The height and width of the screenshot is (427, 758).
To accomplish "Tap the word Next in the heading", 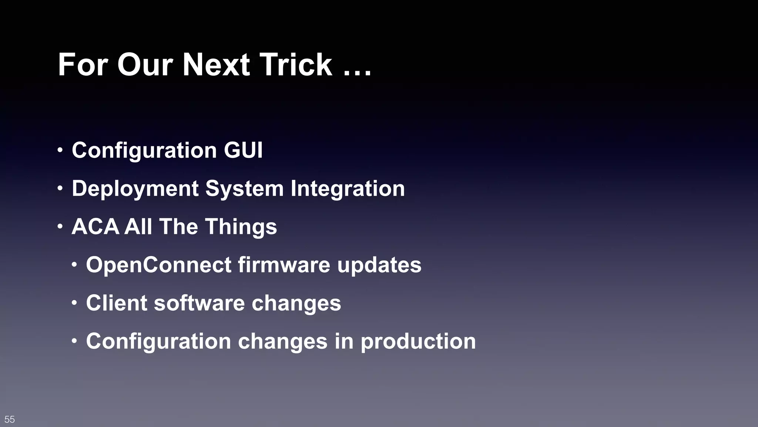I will coord(216,64).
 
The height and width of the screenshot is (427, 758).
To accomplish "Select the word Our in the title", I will coord(145,64).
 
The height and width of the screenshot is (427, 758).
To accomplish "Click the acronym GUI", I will coord(243,150).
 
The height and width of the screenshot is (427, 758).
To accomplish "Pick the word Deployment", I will coord(135,189).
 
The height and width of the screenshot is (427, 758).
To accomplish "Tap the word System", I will coord(244,189).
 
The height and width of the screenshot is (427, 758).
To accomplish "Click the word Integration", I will coord(348,189).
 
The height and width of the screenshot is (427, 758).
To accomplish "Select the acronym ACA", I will coord(95,226).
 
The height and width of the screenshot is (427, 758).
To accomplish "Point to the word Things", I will coord(241,226).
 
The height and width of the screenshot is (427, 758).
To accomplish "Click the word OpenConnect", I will coord(159,265).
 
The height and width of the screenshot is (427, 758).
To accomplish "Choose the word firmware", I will coord(284,265).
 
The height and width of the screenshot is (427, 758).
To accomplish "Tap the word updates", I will coord(379,265).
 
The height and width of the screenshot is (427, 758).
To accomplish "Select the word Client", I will coord(117,303).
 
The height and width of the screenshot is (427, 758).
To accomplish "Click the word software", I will coord(199,303).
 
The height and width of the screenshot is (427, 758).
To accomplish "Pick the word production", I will coord(418,341).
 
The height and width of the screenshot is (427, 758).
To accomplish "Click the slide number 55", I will coord(10,419).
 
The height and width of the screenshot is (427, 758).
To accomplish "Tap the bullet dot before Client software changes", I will coord(74,303).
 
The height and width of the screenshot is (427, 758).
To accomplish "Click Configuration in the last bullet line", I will coord(158,341).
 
